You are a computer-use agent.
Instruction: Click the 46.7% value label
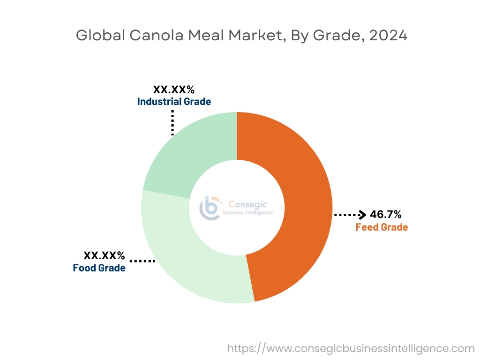coord(385,215)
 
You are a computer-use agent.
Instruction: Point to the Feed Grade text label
coord(382,227)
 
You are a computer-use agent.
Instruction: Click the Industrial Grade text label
coord(174,101)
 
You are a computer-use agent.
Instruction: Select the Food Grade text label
coord(99,268)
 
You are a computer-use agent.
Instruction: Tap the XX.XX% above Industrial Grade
coord(174,90)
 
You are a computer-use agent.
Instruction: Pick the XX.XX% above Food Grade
coord(104,256)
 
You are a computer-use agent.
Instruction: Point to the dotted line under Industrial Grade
coord(172,123)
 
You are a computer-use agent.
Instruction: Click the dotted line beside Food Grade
coord(142,261)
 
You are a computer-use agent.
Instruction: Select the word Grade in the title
coord(339,36)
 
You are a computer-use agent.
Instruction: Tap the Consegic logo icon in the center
coord(210,207)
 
